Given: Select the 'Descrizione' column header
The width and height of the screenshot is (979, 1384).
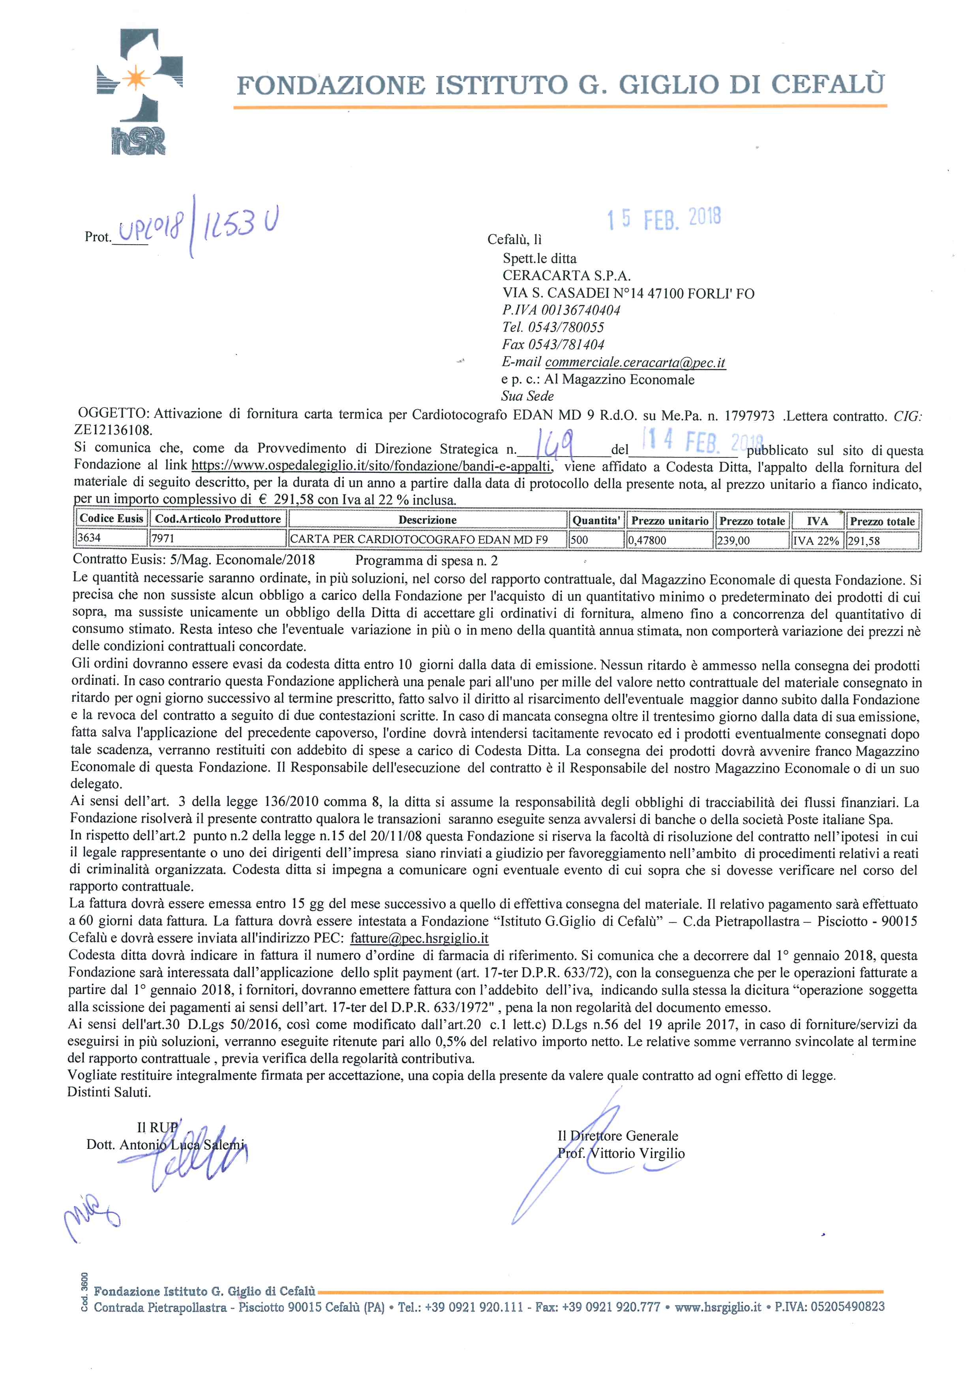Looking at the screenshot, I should pyautogui.click(x=428, y=520).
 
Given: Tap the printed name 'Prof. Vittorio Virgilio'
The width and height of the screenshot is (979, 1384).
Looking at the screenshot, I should pyautogui.click(x=621, y=1153).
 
